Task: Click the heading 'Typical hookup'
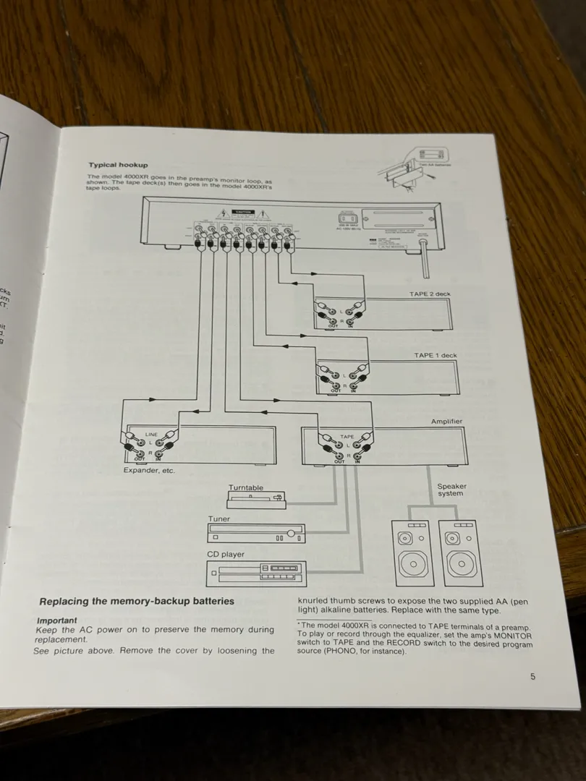tap(118, 166)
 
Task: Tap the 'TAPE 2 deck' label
tap(430, 294)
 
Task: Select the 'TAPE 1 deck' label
tap(435, 355)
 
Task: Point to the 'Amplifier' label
tap(446, 421)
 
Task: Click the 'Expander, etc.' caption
tap(149, 471)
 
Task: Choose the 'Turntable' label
tap(246, 488)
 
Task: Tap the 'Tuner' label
tap(219, 519)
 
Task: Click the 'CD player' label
tap(226, 555)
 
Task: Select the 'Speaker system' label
tap(451, 490)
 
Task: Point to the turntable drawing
tap(256, 499)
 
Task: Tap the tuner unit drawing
tap(257, 534)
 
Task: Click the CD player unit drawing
tap(256, 573)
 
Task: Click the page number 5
tap(532, 677)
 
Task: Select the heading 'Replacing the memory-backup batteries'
tap(137, 601)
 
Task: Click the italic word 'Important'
tap(56, 620)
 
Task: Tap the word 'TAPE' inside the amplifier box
tap(347, 437)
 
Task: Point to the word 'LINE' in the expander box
tap(150, 435)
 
